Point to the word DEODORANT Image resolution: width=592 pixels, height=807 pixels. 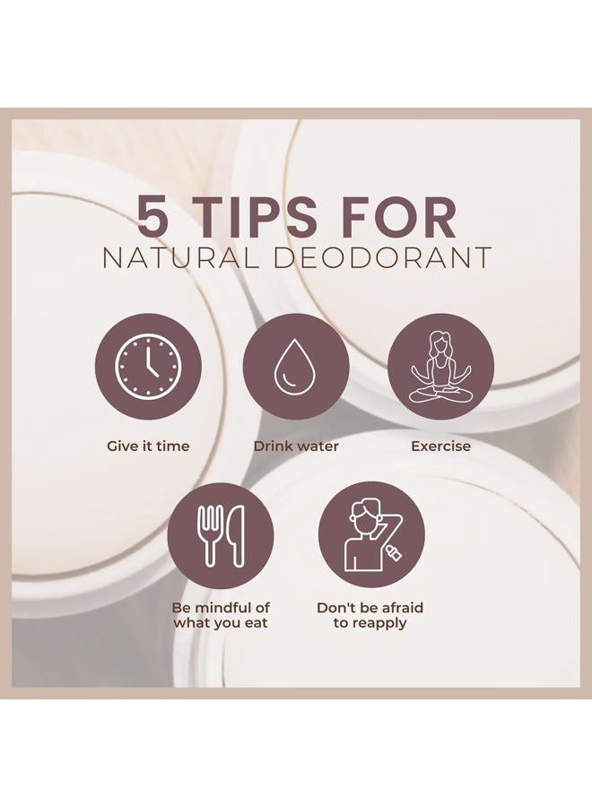coord(382,258)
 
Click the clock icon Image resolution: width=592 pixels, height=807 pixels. coord(148,367)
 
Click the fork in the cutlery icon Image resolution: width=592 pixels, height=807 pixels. coord(210,535)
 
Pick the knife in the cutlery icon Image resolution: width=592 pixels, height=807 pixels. coord(237,535)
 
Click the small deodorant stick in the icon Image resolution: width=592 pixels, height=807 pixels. coord(393,553)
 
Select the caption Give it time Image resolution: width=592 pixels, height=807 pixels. coord(148,446)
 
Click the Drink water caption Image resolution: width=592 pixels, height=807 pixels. coord(296,446)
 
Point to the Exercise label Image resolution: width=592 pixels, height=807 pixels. coord(440,446)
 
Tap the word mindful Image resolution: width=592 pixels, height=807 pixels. coord(226,608)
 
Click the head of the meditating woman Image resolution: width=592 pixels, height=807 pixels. coord(440,343)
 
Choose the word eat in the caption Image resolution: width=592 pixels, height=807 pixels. coord(256,623)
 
